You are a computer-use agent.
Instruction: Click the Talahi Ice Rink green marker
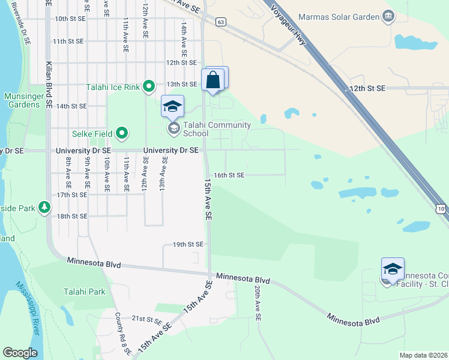click(148, 87)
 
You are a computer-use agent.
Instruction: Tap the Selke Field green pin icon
click(122, 133)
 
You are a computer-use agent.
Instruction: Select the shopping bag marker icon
click(213, 80)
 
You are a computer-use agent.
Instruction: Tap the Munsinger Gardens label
click(25, 100)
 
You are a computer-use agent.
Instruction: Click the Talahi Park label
click(85, 292)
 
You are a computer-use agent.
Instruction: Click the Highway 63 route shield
click(221, 22)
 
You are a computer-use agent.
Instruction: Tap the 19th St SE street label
click(188, 245)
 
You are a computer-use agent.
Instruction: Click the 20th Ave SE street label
click(257, 302)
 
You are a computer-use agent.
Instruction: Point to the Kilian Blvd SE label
click(49, 84)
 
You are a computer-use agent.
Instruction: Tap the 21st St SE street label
click(148, 318)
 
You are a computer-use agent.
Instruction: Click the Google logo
click(20, 353)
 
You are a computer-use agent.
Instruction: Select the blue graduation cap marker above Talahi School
click(172, 107)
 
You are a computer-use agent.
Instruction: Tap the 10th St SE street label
click(70, 19)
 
